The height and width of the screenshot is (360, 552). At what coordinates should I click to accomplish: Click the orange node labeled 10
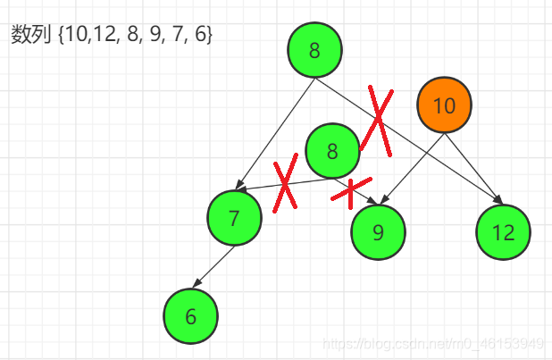pyautogui.click(x=444, y=105)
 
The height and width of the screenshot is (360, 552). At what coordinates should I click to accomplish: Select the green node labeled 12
pyautogui.click(x=503, y=232)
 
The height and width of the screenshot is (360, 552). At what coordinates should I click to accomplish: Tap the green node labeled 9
pyautogui.click(x=378, y=232)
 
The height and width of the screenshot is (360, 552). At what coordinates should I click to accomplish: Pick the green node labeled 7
pyautogui.click(x=234, y=217)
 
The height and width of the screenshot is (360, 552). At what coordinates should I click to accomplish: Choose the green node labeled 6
pyautogui.click(x=190, y=315)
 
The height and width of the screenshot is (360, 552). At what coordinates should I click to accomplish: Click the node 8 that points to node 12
pyautogui.click(x=314, y=50)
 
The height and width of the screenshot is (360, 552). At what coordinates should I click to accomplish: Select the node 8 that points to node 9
pyautogui.click(x=332, y=151)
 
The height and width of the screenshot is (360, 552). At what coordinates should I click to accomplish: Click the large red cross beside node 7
pyautogui.click(x=285, y=184)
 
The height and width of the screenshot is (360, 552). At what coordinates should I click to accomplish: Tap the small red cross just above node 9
pyautogui.click(x=350, y=189)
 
